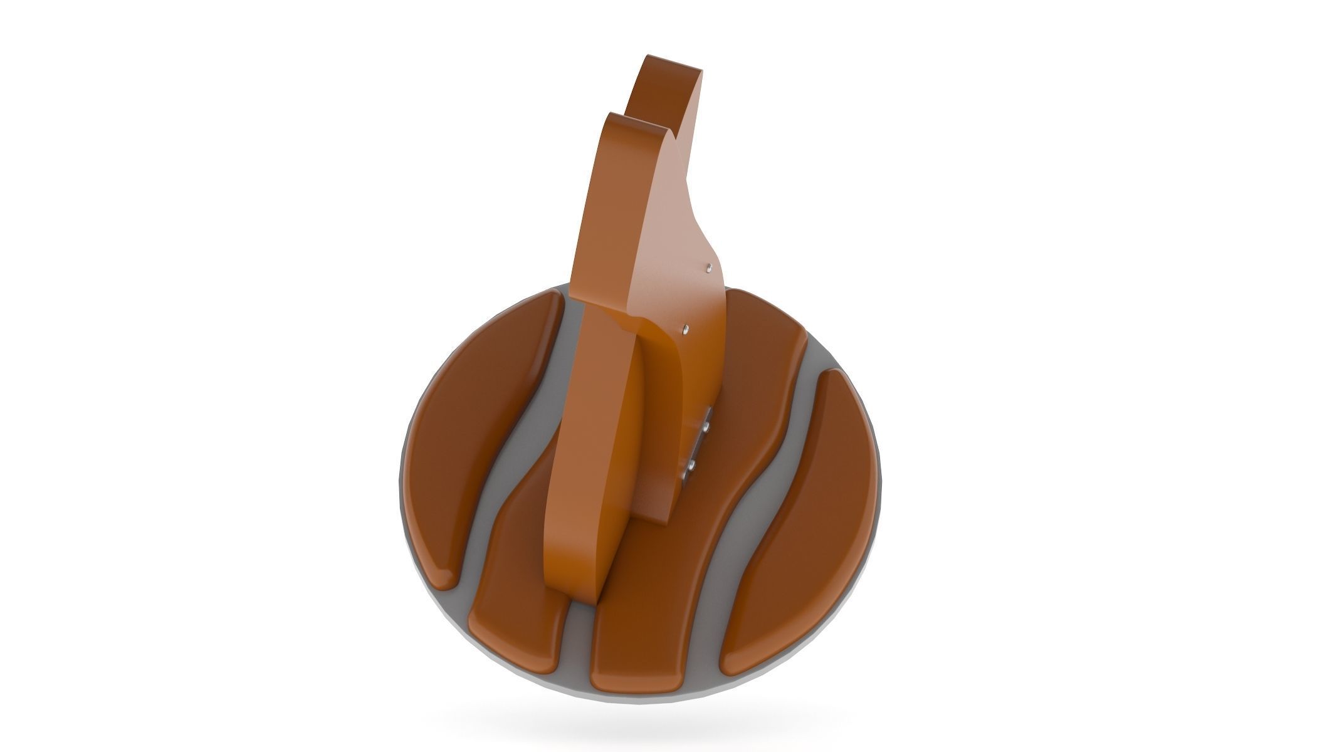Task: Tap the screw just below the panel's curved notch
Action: point(686,328)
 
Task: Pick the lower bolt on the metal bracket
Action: point(692,465)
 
